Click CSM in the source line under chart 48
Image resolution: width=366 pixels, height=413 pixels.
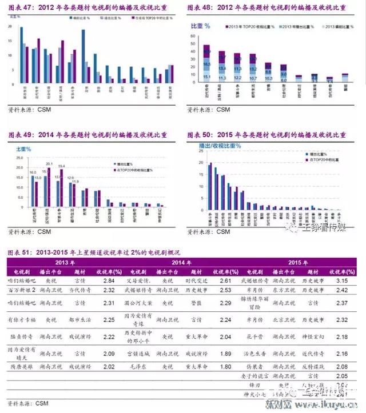click(222, 110)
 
